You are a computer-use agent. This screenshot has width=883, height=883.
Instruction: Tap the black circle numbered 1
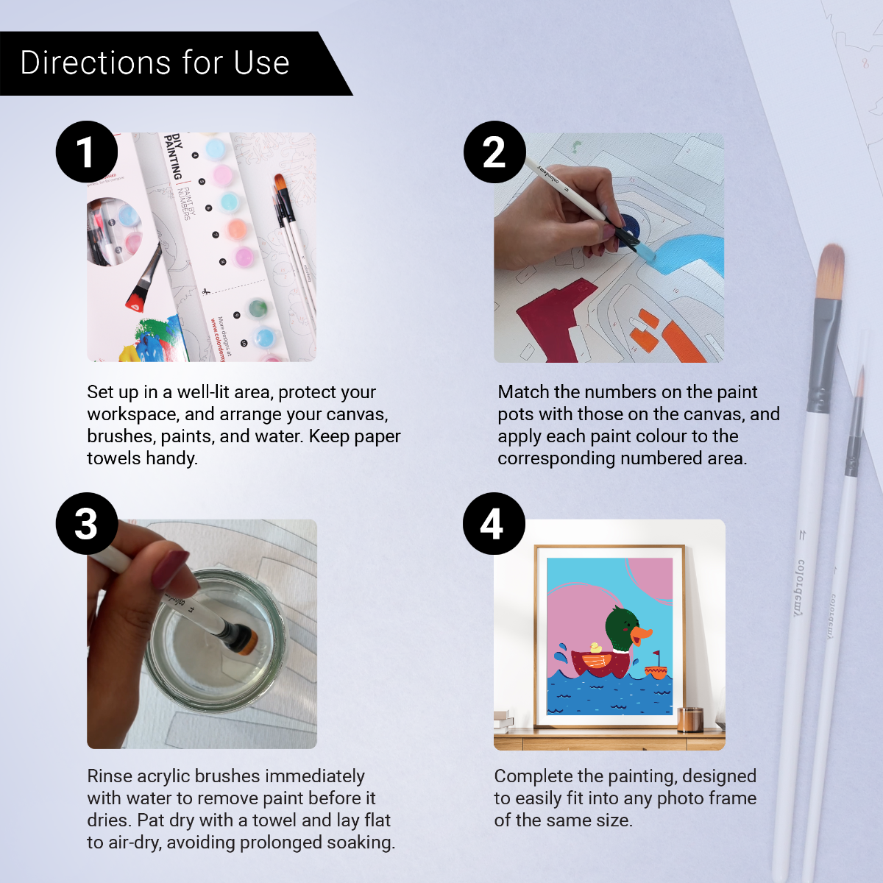click(x=87, y=152)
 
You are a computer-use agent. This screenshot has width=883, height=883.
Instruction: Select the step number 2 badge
click(x=494, y=152)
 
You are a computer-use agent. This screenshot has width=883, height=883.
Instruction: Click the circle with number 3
click(x=87, y=523)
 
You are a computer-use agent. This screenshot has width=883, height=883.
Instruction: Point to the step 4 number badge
click(x=493, y=523)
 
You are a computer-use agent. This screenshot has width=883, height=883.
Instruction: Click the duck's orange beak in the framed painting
click(x=642, y=635)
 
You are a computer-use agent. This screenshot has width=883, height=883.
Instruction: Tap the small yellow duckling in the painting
click(x=595, y=648)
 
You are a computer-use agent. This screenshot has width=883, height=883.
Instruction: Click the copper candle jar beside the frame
click(x=690, y=719)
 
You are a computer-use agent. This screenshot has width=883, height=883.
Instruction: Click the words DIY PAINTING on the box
click(x=174, y=156)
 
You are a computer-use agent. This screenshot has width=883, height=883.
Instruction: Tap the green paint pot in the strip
click(x=258, y=308)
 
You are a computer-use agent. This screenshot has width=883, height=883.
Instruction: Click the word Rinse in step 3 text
click(x=110, y=776)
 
